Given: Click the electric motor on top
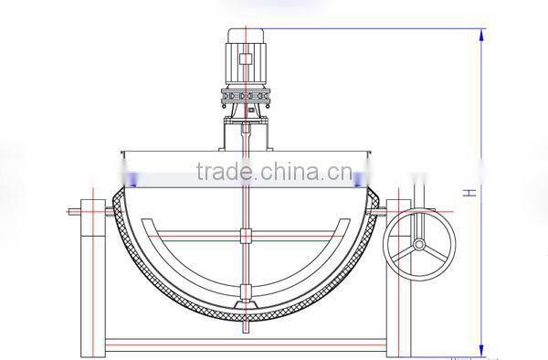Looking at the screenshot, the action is (x=247, y=55).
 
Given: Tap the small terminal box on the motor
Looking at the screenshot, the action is (x=247, y=60).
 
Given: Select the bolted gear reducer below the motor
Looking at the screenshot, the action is (x=247, y=96).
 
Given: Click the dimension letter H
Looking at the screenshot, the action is (x=468, y=192).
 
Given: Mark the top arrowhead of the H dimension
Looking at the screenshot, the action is (x=480, y=34).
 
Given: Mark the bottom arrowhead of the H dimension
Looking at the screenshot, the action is (x=480, y=350).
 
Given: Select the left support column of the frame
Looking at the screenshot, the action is (x=93, y=274).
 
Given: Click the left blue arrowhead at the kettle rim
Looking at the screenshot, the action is (x=133, y=180).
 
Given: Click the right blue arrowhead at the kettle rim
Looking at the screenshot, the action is (x=362, y=180).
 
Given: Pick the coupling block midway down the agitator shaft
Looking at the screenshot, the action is (x=245, y=237).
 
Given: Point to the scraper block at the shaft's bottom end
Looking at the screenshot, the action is (x=245, y=297).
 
